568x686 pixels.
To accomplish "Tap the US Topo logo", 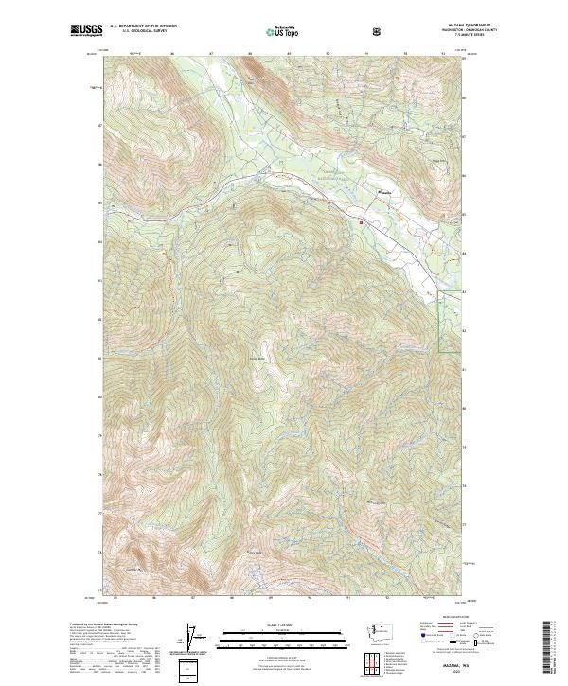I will pos(275,30).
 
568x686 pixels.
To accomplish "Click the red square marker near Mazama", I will pos(361,222).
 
